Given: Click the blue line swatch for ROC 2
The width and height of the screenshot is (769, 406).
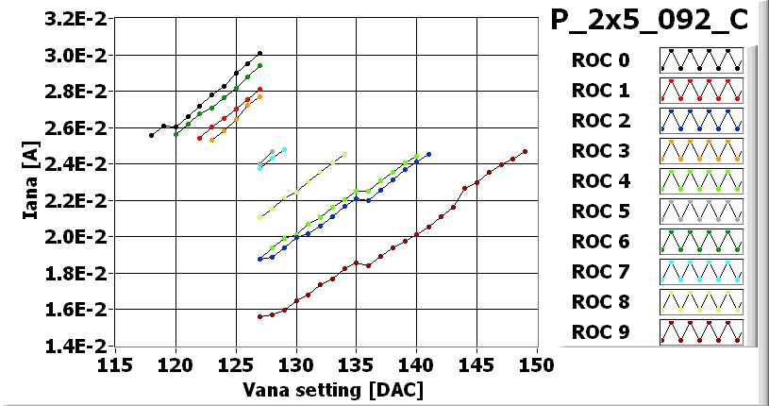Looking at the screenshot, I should pyautogui.click(x=701, y=121).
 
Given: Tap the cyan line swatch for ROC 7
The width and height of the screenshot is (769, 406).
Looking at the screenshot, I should pyautogui.click(x=701, y=272).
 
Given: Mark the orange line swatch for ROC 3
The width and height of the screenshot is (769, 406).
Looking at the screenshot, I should pyautogui.click(x=701, y=151).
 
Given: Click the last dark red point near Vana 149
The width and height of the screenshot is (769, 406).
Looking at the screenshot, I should pyautogui.click(x=525, y=151).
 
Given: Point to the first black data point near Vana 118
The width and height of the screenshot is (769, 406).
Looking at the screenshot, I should pyautogui.click(x=151, y=135).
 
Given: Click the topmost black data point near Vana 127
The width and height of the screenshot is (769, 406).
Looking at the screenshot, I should pyautogui.click(x=259, y=54).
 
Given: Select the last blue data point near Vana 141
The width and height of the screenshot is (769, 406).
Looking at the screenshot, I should pyautogui.click(x=428, y=154).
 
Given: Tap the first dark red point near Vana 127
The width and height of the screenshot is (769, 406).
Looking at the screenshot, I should pyautogui.click(x=259, y=316).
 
